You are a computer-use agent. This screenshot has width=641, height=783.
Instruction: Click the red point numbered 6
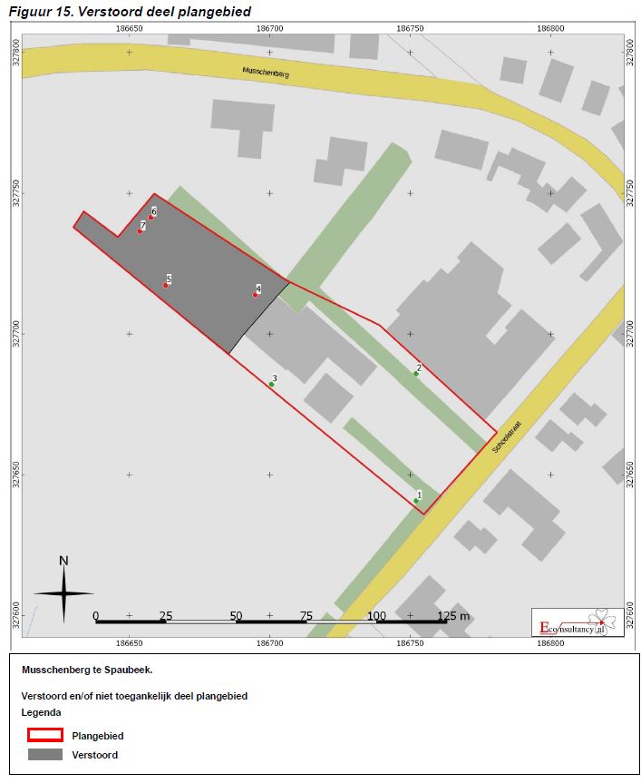[x=151, y=217]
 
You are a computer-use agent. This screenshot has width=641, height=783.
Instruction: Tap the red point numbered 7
[x=140, y=230]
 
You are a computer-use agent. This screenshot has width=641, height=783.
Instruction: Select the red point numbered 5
[x=166, y=285]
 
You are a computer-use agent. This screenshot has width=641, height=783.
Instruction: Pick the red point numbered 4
[x=256, y=294]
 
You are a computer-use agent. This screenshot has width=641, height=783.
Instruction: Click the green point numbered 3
[x=271, y=384]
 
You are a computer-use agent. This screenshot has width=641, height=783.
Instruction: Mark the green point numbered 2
[x=416, y=373]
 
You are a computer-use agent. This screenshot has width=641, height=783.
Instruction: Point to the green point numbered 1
[x=417, y=500]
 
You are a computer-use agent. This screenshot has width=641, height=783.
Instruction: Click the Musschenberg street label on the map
[x=266, y=73]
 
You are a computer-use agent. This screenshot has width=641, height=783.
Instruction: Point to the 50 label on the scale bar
[x=236, y=616]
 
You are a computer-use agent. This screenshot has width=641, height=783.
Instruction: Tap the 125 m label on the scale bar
[x=453, y=616]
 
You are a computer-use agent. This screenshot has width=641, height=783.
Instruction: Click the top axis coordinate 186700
[x=269, y=28]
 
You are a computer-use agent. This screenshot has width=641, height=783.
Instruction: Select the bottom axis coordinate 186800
[x=550, y=643]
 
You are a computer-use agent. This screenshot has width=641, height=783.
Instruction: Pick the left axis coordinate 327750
[x=15, y=193]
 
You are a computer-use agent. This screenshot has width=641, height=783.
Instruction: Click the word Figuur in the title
[x=30, y=11]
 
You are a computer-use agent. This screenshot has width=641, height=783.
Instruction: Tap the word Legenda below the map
[x=41, y=713]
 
